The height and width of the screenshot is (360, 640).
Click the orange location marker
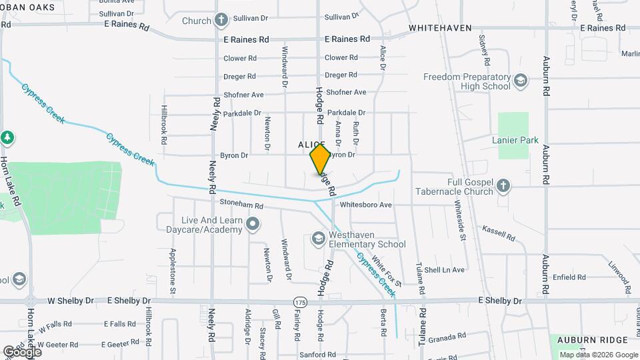pos(320,159)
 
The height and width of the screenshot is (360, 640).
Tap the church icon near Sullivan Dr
pos(221,21)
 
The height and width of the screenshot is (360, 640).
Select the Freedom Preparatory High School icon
pos(521,82)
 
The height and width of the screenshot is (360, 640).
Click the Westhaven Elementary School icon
pos(318,238)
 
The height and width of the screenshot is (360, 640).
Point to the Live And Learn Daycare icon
pos(252,225)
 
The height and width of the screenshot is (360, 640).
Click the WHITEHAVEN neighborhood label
pos(440,28)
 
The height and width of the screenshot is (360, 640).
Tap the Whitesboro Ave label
pos(365,205)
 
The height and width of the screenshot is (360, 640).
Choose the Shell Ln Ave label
pos(444,270)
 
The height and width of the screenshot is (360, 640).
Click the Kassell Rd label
pos(499,233)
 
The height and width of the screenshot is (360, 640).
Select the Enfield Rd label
pos(569,277)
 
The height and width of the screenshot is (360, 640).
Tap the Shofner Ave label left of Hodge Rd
pos(244,95)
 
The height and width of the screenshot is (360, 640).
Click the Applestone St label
pos(173,271)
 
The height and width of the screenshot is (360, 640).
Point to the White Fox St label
pos(387,271)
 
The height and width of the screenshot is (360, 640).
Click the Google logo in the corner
pos(22,351)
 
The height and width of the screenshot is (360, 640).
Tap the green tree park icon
pos(7,138)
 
